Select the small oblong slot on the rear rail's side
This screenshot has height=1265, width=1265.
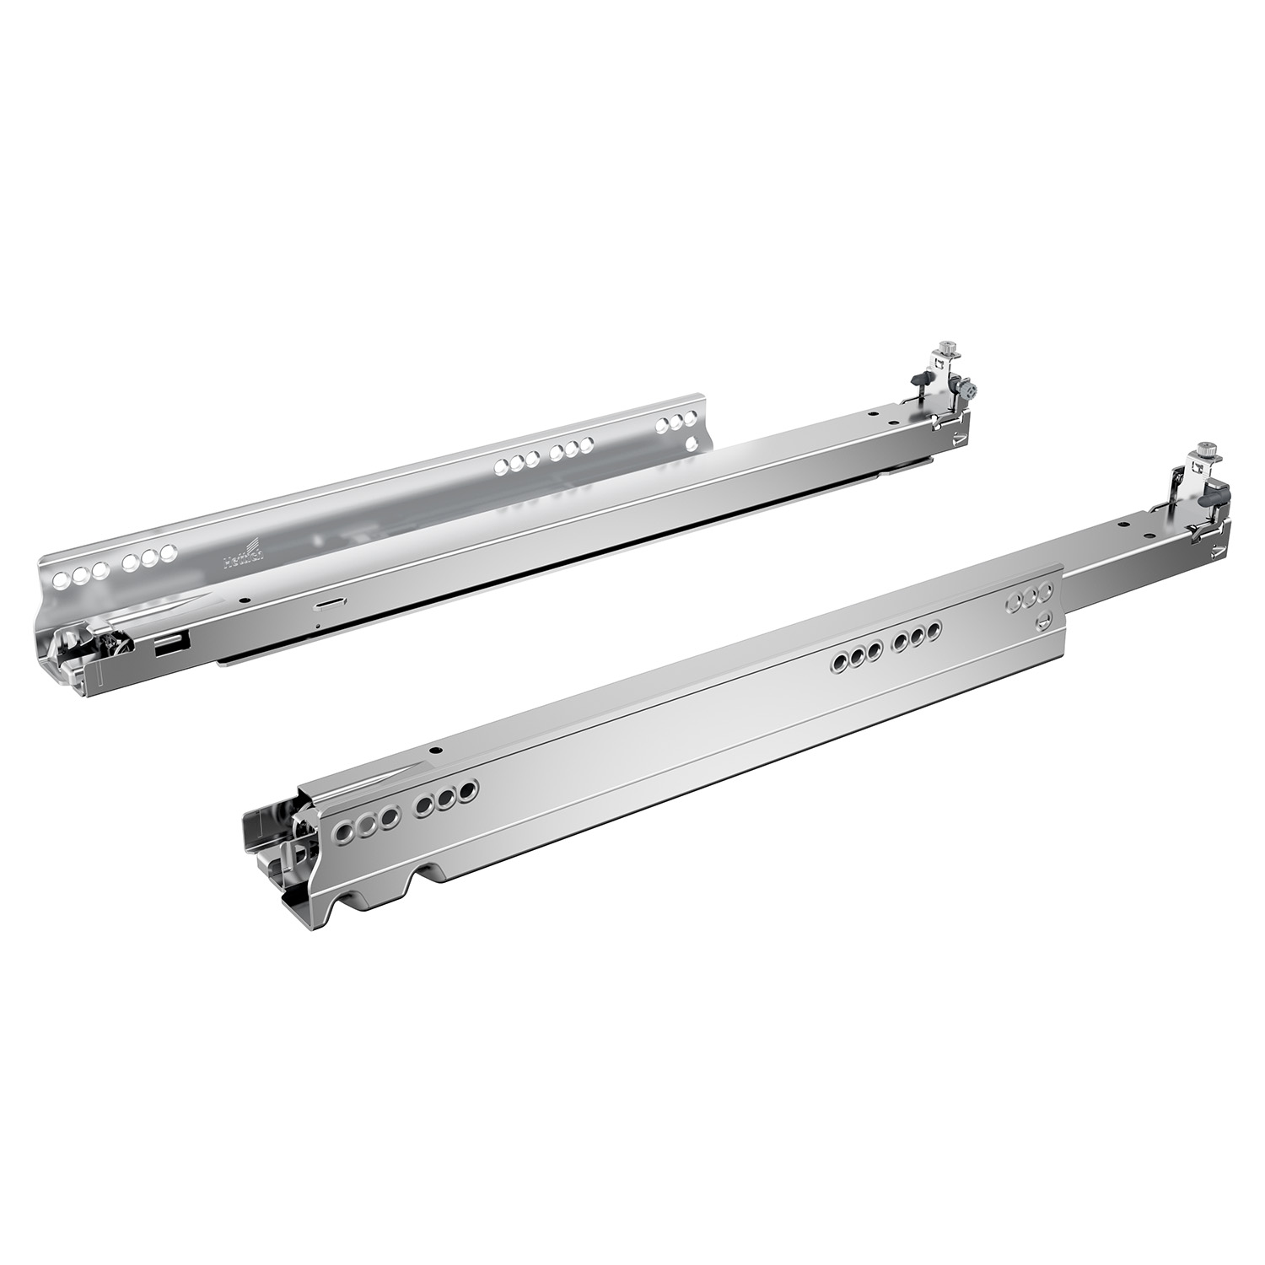click(x=325, y=604)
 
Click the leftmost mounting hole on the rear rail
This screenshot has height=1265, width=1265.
click(x=61, y=581)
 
